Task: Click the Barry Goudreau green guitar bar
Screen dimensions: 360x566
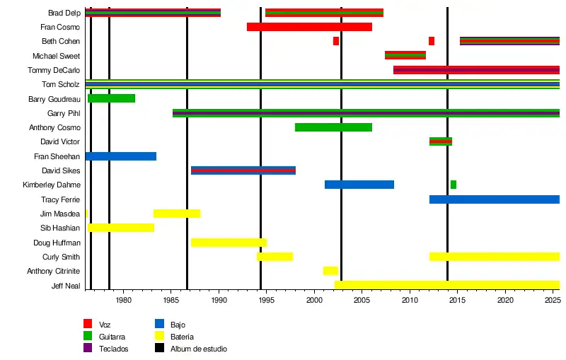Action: click(111, 98)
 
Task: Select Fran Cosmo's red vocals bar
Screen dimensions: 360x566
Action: click(309, 27)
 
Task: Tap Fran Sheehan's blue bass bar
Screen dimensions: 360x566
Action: click(120, 156)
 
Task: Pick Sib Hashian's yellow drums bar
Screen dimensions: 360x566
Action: click(120, 228)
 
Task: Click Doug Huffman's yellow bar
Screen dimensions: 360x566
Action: click(229, 243)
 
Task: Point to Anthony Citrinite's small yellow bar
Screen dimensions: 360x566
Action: click(330, 271)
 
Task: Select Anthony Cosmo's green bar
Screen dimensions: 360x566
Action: click(333, 127)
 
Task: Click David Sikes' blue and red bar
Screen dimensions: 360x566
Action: click(243, 170)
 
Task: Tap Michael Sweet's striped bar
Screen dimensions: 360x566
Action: click(405, 55)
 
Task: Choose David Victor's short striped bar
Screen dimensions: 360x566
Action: click(441, 141)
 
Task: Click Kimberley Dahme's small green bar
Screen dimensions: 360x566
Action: click(454, 185)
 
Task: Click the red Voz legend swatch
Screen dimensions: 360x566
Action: click(88, 324)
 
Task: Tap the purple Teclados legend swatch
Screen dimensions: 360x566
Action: click(88, 348)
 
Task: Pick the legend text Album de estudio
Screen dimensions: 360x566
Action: click(199, 349)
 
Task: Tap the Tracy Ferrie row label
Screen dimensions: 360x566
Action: click(61, 199)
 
